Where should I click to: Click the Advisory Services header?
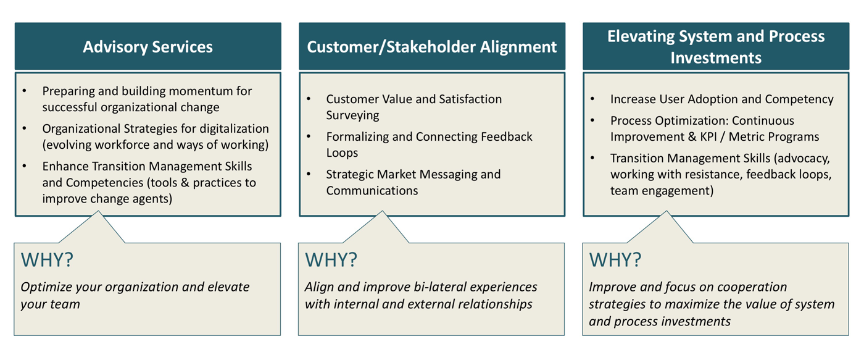[x=147, y=47]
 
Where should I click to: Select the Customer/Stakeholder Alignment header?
[x=431, y=47]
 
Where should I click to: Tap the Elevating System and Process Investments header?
[x=716, y=47]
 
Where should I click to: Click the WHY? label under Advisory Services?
[x=47, y=260]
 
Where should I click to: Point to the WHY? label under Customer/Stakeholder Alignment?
[x=331, y=260]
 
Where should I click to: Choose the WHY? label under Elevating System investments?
[x=615, y=260]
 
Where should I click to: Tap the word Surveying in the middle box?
[x=353, y=115]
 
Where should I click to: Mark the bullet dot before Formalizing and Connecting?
[x=309, y=137]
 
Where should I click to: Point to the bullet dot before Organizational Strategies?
[x=25, y=129]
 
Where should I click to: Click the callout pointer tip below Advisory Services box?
[x=98, y=212]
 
